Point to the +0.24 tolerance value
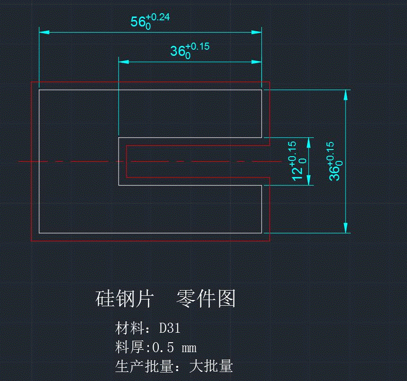(x=158, y=18)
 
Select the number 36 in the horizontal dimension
(x=178, y=51)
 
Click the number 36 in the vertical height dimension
(x=335, y=173)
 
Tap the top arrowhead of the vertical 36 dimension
(x=346, y=94)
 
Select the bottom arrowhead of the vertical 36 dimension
(x=346, y=228)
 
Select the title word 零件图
(x=206, y=299)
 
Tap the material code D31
(x=170, y=328)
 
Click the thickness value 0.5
(x=163, y=348)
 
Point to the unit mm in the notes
(x=189, y=349)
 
